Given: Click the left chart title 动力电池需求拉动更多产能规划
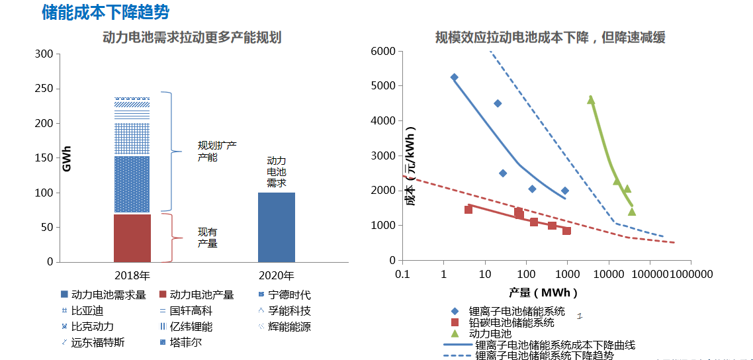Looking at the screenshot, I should [x=192, y=38].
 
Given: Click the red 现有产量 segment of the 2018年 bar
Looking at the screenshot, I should [x=132, y=238].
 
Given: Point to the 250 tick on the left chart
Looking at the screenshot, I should [x=44, y=89].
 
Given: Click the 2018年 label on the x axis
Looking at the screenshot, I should [x=132, y=275].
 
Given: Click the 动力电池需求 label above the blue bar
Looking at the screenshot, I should [x=277, y=172].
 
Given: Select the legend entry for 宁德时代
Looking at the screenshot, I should [x=285, y=295].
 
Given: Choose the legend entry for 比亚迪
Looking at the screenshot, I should [x=87, y=310].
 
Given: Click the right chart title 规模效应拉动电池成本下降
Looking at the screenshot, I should [x=550, y=38].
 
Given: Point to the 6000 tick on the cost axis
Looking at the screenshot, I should [x=384, y=52].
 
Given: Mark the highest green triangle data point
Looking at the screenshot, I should [x=591, y=100].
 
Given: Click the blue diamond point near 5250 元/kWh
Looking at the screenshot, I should [x=454, y=77].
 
